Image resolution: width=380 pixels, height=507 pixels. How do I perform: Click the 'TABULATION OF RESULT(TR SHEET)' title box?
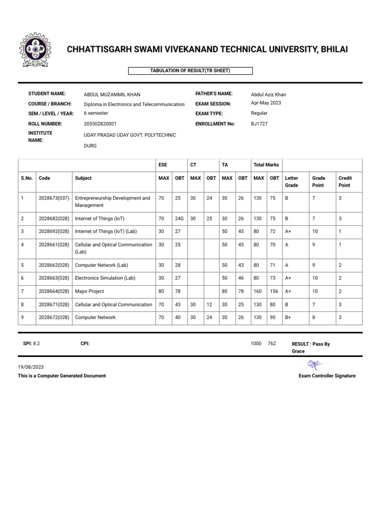tap(190, 71)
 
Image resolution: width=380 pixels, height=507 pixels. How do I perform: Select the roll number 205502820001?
tap(100, 124)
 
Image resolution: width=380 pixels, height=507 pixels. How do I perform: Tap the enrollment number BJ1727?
tap(259, 124)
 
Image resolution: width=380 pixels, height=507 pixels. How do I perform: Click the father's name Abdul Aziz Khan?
tap(268, 94)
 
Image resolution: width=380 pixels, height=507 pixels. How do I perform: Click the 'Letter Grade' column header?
tap(292, 181)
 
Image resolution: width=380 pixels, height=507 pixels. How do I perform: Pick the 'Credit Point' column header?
tap(345, 181)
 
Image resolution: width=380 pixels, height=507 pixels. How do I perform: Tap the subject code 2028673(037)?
tap(53, 198)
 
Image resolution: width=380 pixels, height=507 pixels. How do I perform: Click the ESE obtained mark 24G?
tap(179, 218)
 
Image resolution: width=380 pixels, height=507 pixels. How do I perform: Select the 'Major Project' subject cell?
tap(90, 291)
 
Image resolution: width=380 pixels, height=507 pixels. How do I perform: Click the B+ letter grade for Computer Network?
tap(289, 317)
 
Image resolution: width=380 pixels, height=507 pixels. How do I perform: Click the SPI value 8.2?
tap(36, 343)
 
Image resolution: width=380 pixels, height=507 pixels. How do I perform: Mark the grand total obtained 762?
tap(272, 343)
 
